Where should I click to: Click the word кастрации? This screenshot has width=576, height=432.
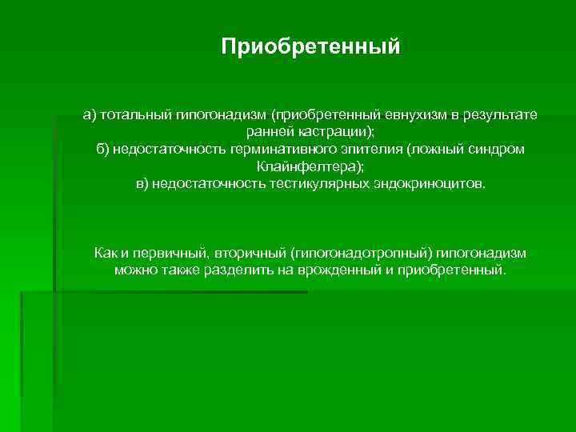(331, 132)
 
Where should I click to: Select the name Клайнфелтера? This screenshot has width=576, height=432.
(309, 166)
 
